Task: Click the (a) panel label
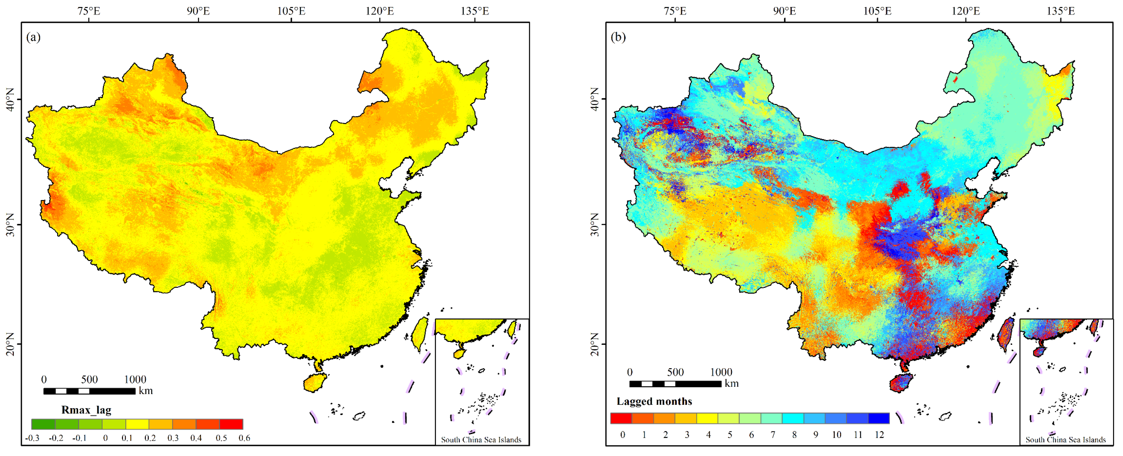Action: (x=33, y=38)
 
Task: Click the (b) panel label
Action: (x=618, y=38)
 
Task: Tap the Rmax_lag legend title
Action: (x=86, y=410)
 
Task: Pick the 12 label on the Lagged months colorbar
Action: (x=879, y=435)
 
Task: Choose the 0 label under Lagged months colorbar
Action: (x=623, y=435)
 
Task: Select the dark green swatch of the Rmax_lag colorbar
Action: (x=43, y=424)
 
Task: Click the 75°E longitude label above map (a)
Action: (x=89, y=11)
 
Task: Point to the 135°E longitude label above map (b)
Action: (x=1061, y=11)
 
